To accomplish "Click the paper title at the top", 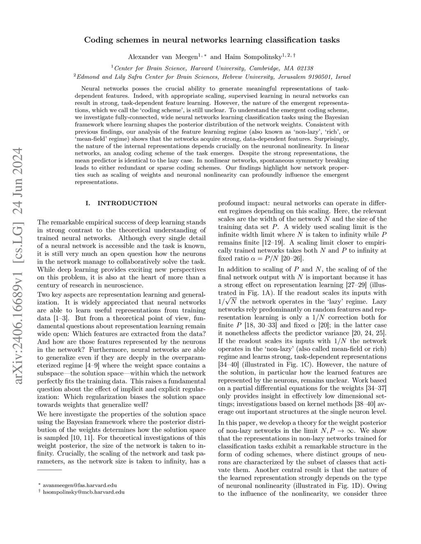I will pos(212,40).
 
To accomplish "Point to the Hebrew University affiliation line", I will pos(212,76).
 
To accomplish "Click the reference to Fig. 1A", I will pos(249,301).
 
